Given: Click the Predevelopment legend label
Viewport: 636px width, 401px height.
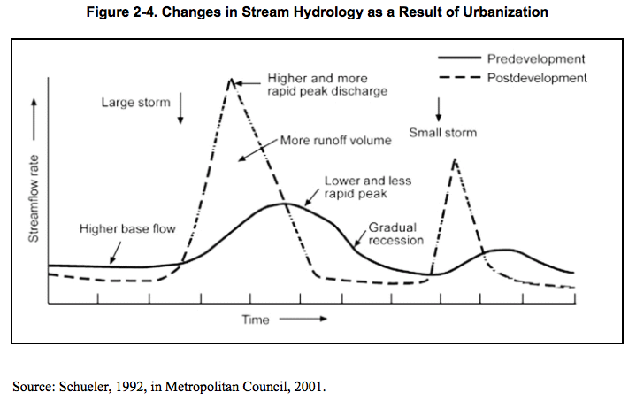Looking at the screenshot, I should [536, 59].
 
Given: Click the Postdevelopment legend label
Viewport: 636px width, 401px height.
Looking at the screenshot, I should [537, 78].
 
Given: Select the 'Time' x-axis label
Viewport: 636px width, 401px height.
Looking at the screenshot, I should [256, 320].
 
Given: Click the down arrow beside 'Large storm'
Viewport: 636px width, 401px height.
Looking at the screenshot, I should [180, 107].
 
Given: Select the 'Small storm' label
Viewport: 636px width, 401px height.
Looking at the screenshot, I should [442, 133].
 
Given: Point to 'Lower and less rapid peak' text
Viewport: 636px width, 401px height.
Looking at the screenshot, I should [367, 187].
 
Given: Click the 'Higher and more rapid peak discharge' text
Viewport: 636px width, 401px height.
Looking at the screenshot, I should [327, 85].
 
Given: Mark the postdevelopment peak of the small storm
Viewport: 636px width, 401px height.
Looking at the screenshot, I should [454, 160].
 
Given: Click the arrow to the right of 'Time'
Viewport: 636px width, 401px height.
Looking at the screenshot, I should [303, 320].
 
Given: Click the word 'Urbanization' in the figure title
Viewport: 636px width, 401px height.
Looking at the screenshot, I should [506, 12].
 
